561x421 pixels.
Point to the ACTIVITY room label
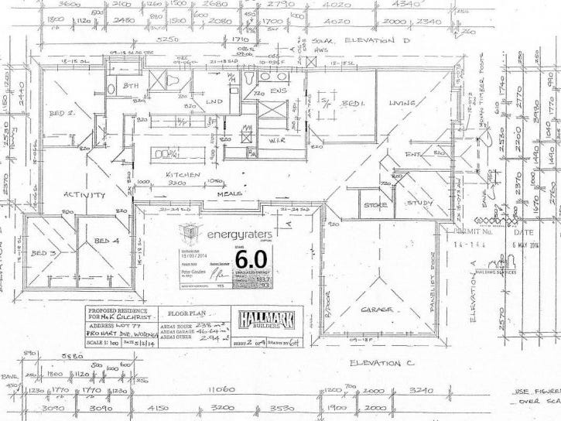84,195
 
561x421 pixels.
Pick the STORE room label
376,205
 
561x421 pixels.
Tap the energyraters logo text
235,230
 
